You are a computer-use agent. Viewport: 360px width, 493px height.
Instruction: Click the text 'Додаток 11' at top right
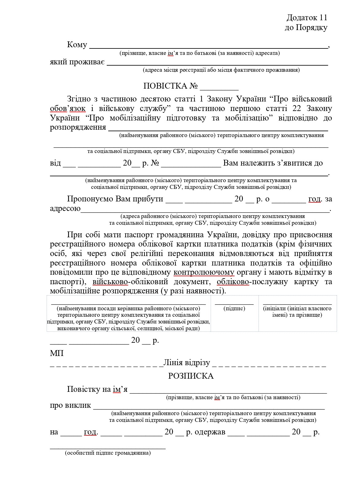(307, 17)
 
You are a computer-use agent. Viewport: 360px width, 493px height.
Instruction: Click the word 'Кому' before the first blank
(77, 45)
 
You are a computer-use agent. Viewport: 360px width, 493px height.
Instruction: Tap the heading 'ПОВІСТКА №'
(170, 86)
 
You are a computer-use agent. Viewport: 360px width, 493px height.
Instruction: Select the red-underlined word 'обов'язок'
(68, 109)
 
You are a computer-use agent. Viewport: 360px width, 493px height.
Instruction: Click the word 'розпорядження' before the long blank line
(78, 127)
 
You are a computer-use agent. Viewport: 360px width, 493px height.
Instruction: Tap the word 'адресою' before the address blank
(65, 209)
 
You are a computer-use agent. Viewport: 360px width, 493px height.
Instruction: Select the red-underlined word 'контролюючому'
(204, 272)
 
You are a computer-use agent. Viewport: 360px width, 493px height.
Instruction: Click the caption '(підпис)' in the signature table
(234, 308)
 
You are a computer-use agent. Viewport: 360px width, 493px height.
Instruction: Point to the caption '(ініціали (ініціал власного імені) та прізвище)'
(297, 311)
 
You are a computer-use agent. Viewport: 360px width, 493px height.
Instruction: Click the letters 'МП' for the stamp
(57, 353)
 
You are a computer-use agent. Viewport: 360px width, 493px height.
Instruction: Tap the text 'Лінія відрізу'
(187, 363)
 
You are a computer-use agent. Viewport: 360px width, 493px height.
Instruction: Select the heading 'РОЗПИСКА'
(191, 376)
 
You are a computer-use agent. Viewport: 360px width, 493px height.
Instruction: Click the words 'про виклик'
(71, 405)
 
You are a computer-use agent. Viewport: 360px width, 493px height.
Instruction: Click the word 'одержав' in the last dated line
(210, 432)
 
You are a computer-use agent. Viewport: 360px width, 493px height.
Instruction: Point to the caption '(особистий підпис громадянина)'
(108, 453)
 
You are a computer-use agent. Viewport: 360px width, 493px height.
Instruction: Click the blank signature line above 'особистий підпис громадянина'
(108, 448)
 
